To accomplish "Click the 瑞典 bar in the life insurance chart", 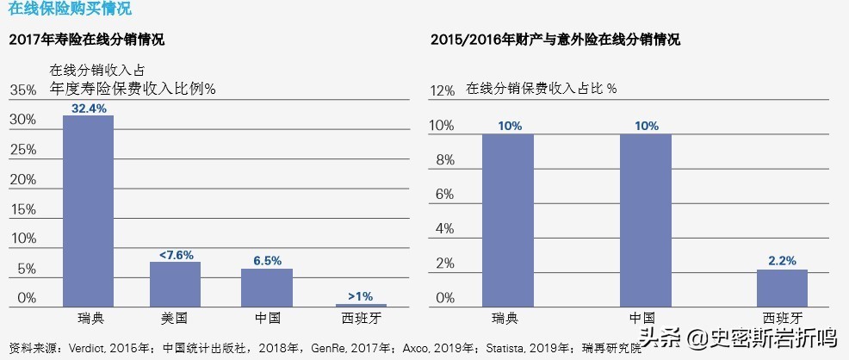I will click(88, 210).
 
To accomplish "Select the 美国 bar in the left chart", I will click(175, 283).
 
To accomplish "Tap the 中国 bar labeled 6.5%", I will click(266, 287).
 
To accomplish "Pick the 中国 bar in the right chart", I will click(645, 220).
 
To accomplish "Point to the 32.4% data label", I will click(89, 109).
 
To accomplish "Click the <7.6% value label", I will click(176, 255).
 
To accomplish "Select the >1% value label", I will click(360, 296).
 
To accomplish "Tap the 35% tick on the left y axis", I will click(22, 90).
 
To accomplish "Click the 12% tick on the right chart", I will click(441, 90).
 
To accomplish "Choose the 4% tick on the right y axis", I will click(444, 228).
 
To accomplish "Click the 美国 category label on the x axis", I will click(175, 319).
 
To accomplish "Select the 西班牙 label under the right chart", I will click(782, 319).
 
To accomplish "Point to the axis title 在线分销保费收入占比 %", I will click(542, 88).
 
